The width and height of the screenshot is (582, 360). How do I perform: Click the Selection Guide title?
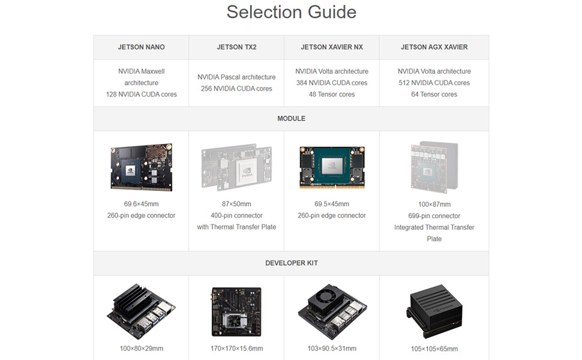291,12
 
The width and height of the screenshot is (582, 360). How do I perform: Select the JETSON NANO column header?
141,47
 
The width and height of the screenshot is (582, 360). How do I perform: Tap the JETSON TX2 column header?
236,47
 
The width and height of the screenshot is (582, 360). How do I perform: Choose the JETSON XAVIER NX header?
331,47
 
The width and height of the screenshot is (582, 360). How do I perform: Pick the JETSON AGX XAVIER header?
434,47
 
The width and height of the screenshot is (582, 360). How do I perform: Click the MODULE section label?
291,119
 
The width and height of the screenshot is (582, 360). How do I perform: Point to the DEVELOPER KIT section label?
291,263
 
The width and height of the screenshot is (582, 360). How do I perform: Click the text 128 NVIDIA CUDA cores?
141,94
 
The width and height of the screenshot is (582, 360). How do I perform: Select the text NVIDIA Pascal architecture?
236,77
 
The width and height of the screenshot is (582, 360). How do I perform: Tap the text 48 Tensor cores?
331,94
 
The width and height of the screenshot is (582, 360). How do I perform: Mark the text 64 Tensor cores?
434,94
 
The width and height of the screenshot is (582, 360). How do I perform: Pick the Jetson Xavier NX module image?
331,167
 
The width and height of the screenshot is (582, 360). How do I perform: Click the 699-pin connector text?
434,216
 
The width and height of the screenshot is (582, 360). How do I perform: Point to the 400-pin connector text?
236,215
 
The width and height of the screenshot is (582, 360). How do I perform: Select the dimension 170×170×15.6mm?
236,349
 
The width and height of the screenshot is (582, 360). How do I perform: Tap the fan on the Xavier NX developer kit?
328,295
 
